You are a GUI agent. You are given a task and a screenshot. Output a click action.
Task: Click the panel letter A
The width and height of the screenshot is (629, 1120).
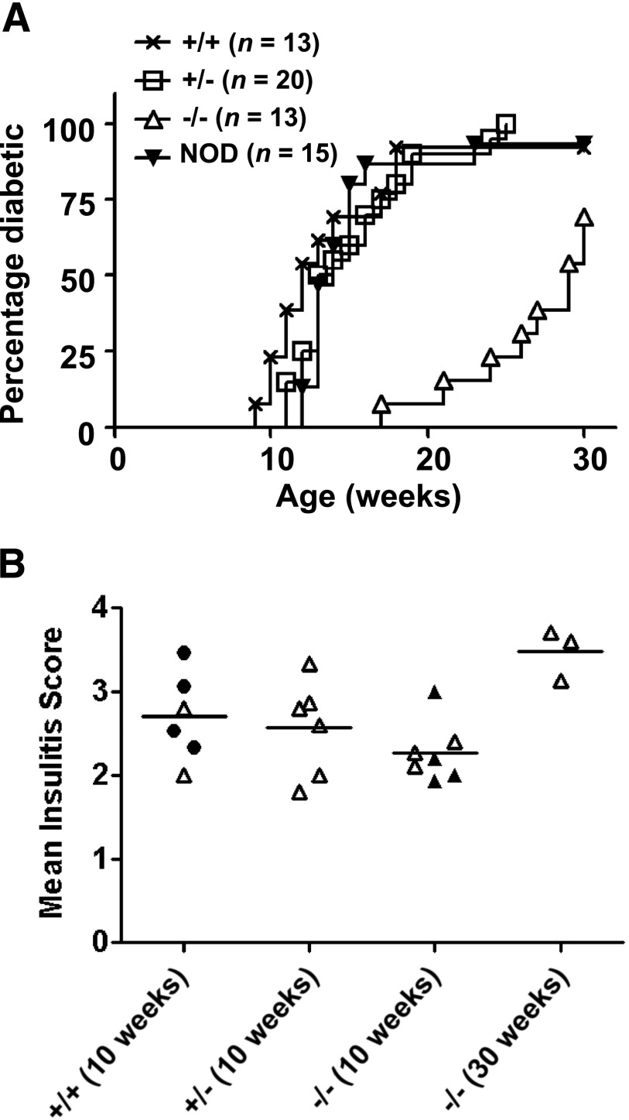(x=17, y=17)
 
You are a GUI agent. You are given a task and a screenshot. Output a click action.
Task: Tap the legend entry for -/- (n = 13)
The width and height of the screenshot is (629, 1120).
(x=224, y=118)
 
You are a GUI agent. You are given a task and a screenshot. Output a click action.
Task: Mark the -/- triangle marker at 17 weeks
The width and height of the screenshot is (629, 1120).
(x=381, y=404)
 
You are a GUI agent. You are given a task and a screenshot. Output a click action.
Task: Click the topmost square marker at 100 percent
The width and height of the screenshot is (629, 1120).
(x=506, y=124)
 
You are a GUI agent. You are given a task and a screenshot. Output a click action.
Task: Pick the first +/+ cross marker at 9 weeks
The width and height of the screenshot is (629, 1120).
(x=255, y=404)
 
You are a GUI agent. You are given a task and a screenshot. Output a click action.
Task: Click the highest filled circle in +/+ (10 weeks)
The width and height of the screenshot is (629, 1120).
(x=184, y=653)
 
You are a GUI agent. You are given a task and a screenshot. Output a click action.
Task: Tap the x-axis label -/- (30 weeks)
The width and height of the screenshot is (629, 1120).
(x=526, y=1029)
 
